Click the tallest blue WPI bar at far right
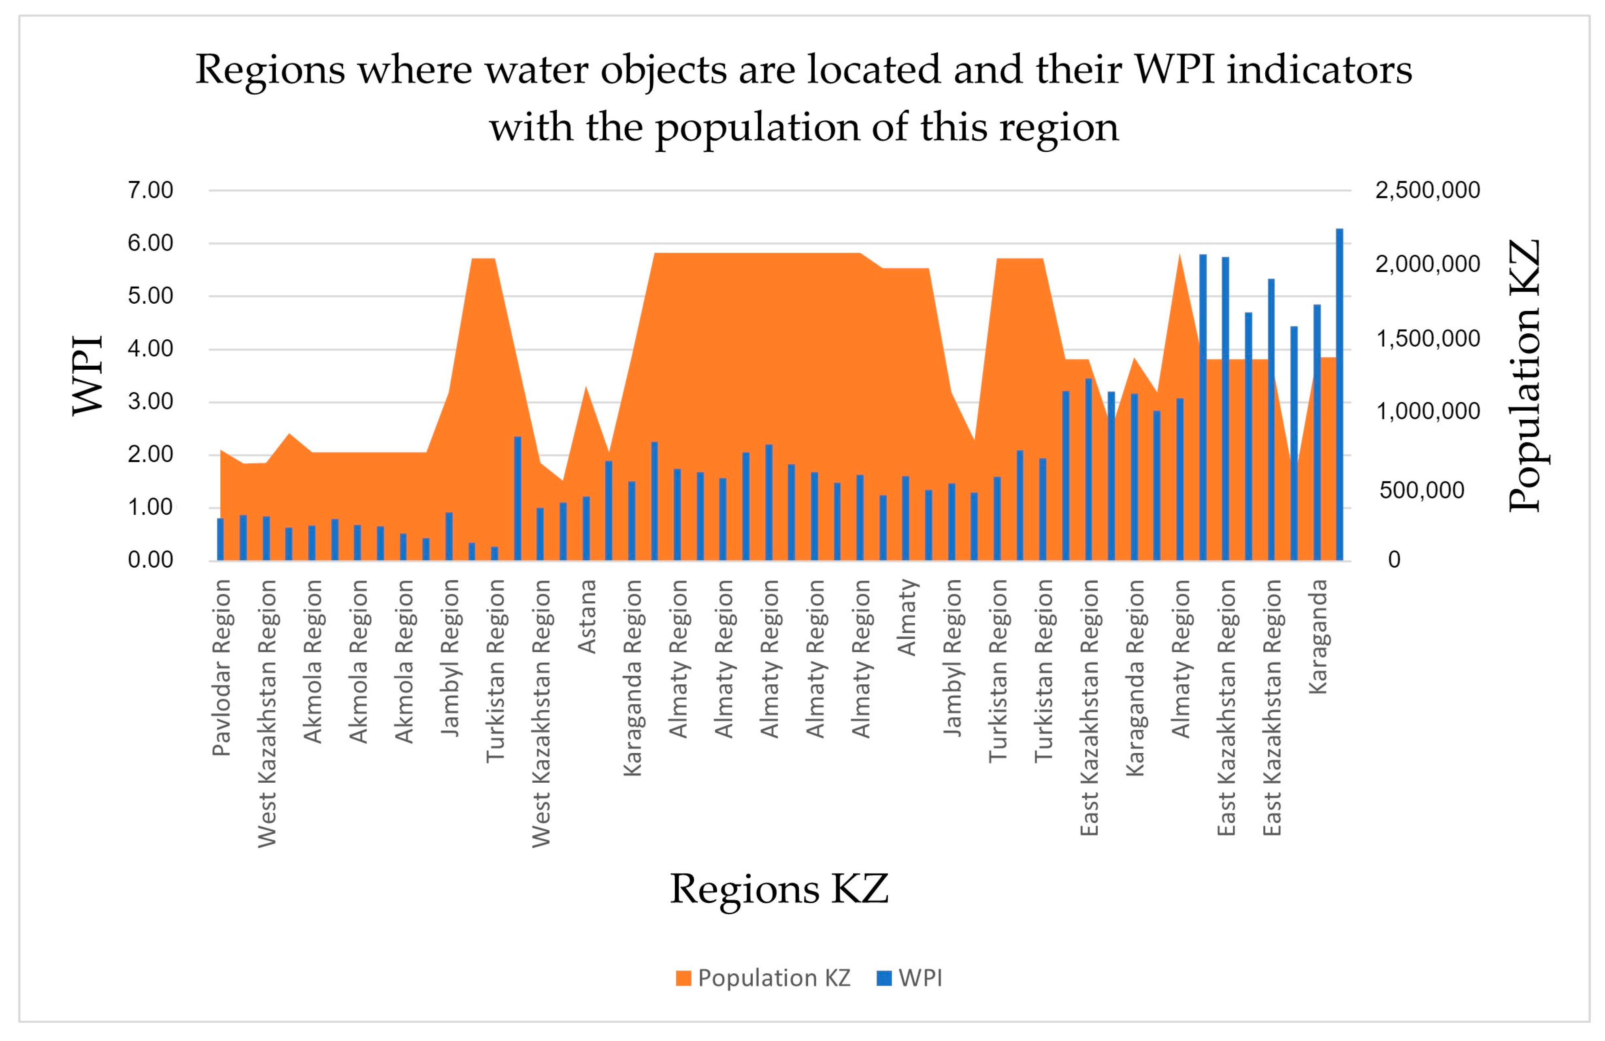[1339, 394]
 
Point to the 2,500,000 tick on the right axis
[1427, 190]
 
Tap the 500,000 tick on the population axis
[1422, 490]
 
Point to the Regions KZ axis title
[779, 889]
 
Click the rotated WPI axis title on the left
[88, 375]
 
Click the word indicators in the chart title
[1318, 70]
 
